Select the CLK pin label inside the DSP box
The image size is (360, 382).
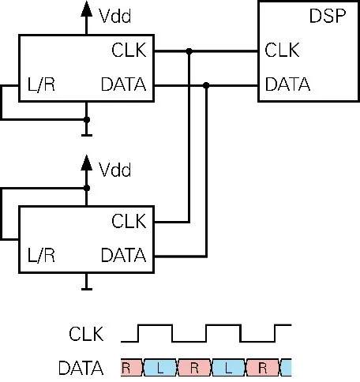283,52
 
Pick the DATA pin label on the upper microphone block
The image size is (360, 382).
124,83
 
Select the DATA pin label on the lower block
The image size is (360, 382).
124,256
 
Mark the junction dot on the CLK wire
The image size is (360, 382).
189,52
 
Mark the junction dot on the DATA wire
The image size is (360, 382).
206,83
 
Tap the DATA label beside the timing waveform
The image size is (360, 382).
81,368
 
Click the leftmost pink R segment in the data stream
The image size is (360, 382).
128,368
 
